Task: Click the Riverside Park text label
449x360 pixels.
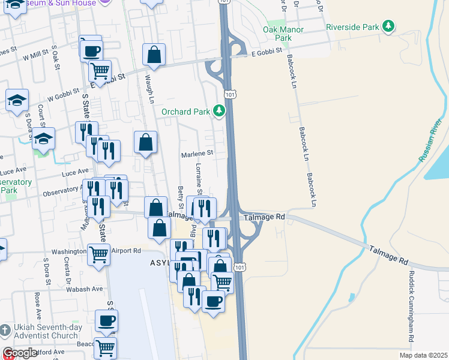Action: click(354, 27)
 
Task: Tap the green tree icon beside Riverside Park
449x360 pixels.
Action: click(390, 26)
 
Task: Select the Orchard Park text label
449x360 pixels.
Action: click(185, 112)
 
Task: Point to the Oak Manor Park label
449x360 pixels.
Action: click(283, 34)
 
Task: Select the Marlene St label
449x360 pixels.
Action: click(197, 154)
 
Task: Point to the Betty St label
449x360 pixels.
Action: click(181, 198)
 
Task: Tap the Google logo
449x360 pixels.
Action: click(20, 353)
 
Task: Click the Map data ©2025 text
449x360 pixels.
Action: click(423, 355)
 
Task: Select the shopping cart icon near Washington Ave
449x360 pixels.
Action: click(99, 254)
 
